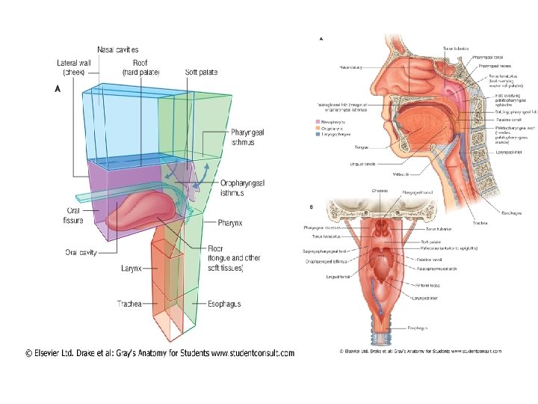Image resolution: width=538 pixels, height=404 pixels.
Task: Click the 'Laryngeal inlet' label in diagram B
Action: (x=425, y=297)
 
